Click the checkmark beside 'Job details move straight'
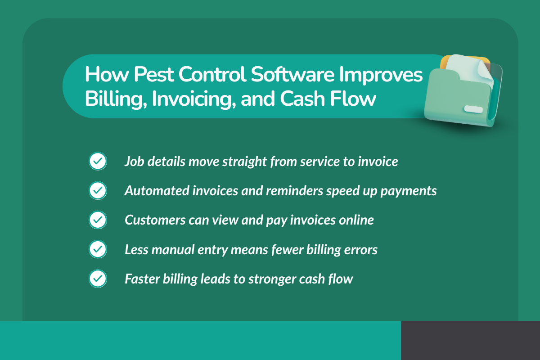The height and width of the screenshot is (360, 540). (98, 162)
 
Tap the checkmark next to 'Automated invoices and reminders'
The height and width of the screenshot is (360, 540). (98, 191)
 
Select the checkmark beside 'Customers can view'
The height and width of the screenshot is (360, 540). (98, 220)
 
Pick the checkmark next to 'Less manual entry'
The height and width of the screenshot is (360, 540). (98, 249)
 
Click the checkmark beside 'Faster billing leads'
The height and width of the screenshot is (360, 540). (98, 279)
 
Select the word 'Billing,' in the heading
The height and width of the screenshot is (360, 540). (114, 99)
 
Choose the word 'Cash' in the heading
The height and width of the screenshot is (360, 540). (302, 99)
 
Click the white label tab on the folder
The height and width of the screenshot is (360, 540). (473, 109)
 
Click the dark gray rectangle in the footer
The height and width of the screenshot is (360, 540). (470, 340)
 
